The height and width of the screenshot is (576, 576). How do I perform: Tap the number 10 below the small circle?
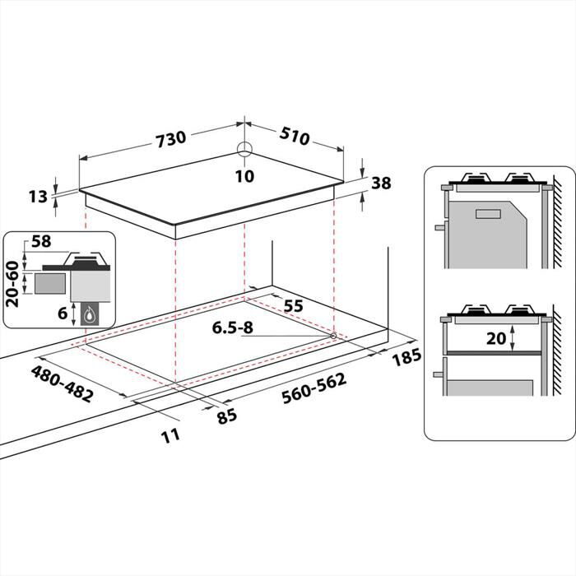[x=244, y=175]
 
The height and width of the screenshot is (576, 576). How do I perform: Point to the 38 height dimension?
[x=380, y=183]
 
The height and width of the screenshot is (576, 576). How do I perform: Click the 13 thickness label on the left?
[x=38, y=196]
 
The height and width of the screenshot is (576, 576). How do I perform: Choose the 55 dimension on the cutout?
[x=293, y=306]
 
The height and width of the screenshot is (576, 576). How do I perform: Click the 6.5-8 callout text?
[x=233, y=327]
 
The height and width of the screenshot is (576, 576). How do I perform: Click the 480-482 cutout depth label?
[x=62, y=383]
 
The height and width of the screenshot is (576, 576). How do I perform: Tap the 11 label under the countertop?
[x=170, y=434]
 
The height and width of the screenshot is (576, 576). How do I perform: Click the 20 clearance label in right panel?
[x=495, y=337]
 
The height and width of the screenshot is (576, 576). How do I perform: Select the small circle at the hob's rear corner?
[x=244, y=150]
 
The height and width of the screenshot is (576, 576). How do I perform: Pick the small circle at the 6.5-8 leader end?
[x=332, y=336]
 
